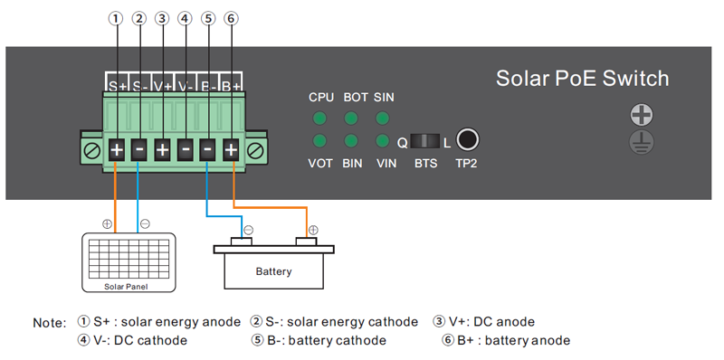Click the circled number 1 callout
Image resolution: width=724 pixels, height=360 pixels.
(x=116, y=18)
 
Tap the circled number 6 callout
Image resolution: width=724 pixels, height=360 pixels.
(x=231, y=18)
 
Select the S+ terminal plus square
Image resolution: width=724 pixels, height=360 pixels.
(x=117, y=148)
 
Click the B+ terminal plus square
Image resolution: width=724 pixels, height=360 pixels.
(x=231, y=148)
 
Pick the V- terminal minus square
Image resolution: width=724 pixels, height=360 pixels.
(x=186, y=148)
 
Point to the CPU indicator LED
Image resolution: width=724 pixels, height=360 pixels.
(x=319, y=118)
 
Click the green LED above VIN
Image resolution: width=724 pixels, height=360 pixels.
(x=383, y=141)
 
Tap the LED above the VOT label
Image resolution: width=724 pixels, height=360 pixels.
(x=319, y=141)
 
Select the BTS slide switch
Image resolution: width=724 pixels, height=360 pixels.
(x=424, y=141)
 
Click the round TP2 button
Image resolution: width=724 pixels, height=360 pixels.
(x=468, y=140)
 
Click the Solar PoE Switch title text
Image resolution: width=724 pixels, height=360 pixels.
(x=582, y=79)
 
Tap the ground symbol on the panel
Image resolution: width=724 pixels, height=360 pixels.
(x=642, y=142)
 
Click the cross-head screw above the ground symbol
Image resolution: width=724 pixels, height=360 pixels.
(x=642, y=115)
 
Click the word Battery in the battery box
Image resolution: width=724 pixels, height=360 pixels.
(x=273, y=271)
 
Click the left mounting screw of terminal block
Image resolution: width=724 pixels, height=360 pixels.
(x=92, y=148)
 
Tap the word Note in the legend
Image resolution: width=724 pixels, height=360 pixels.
(x=49, y=323)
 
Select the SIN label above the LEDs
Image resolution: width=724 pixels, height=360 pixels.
(x=384, y=97)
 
